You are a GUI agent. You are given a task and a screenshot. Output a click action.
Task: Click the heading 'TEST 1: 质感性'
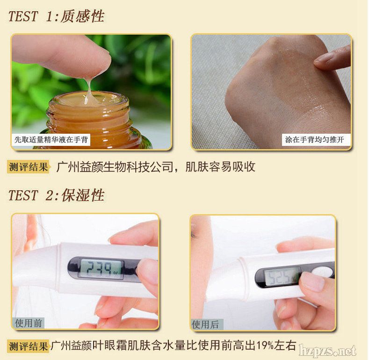click(x=56, y=16)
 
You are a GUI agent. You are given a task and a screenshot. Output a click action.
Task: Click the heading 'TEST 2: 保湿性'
click(x=56, y=195)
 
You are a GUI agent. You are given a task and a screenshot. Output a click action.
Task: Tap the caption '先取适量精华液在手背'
click(x=51, y=139)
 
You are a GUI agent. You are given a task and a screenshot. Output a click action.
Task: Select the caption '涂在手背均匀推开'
click(x=315, y=139)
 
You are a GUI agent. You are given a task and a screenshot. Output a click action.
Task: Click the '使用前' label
click(x=28, y=323)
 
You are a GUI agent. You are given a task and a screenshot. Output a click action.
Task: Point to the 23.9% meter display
click(x=101, y=269)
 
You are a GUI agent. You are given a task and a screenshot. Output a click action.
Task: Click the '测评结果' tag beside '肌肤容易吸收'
click(x=28, y=167)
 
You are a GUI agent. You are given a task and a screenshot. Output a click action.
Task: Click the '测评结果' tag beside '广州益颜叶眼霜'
click(x=28, y=346)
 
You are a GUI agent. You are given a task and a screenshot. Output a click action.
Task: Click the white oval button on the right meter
click(x=323, y=272)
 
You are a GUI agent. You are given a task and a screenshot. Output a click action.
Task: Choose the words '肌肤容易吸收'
click(x=220, y=167)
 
